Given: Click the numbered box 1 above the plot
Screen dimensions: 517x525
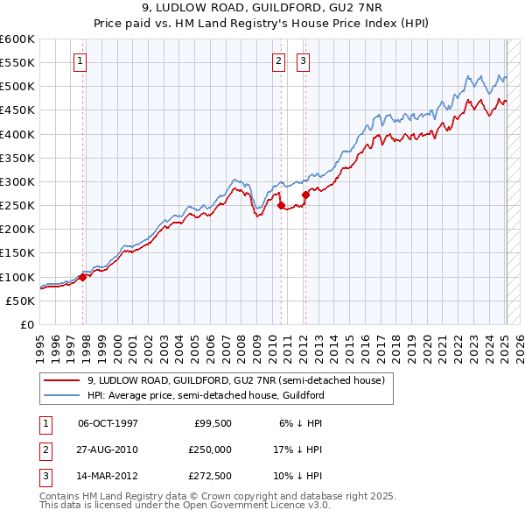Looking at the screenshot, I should (x=80, y=61).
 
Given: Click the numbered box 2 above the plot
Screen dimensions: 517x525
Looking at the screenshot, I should (x=278, y=61).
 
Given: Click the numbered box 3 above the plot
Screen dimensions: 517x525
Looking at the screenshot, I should (x=303, y=61).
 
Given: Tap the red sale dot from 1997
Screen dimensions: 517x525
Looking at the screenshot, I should (x=82, y=277).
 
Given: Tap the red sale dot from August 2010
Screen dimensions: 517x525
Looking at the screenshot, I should (x=282, y=206).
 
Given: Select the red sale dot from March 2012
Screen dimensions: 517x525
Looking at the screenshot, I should (x=305, y=195).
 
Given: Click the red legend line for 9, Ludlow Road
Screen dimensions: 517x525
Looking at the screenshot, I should (x=63, y=380).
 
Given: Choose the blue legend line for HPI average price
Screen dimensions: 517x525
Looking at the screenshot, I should (x=63, y=395).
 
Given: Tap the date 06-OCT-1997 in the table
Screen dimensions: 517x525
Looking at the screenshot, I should (x=108, y=423).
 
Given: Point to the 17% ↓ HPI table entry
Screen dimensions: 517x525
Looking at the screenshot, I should (x=299, y=450).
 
